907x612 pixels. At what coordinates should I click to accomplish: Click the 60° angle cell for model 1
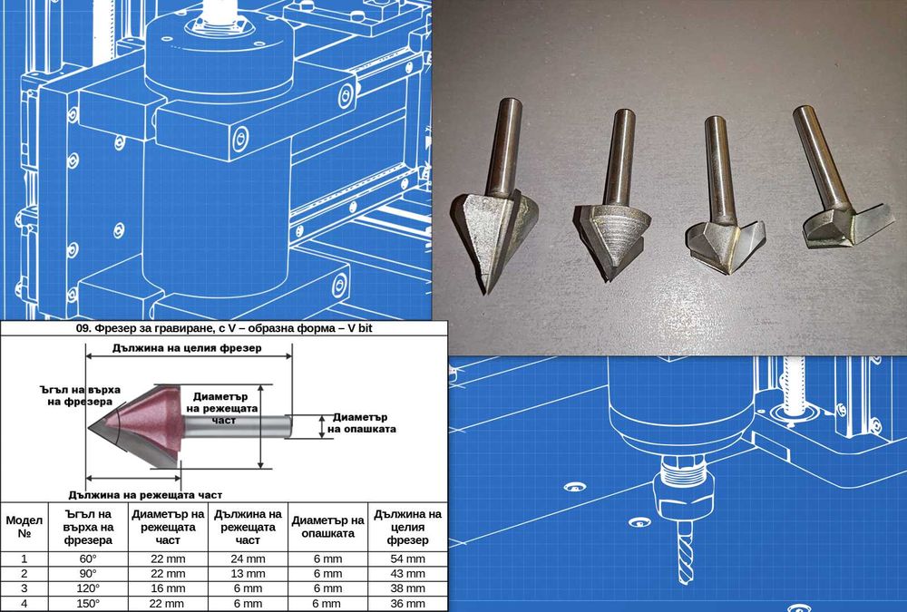coord(88,559)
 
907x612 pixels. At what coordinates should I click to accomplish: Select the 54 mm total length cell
coord(408,559)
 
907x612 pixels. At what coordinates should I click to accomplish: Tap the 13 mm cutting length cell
coord(248,574)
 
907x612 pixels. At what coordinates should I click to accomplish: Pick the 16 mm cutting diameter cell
coord(168,588)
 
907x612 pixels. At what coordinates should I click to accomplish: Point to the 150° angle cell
coord(88,603)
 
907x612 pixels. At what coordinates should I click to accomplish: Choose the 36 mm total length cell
coord(408,603)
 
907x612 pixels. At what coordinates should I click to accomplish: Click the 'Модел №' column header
coord(24,527)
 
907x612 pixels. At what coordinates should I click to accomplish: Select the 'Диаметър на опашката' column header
coord(328,527)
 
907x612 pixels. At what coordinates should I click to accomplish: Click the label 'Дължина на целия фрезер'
coord(187,348)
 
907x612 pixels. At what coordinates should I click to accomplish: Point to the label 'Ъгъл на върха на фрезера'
coord(80,395)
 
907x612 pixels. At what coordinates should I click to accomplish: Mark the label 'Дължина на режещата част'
coord(145,495)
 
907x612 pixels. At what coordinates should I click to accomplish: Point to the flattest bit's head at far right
coord(846,226)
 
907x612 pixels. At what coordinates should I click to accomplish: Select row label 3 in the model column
coord(24,588)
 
